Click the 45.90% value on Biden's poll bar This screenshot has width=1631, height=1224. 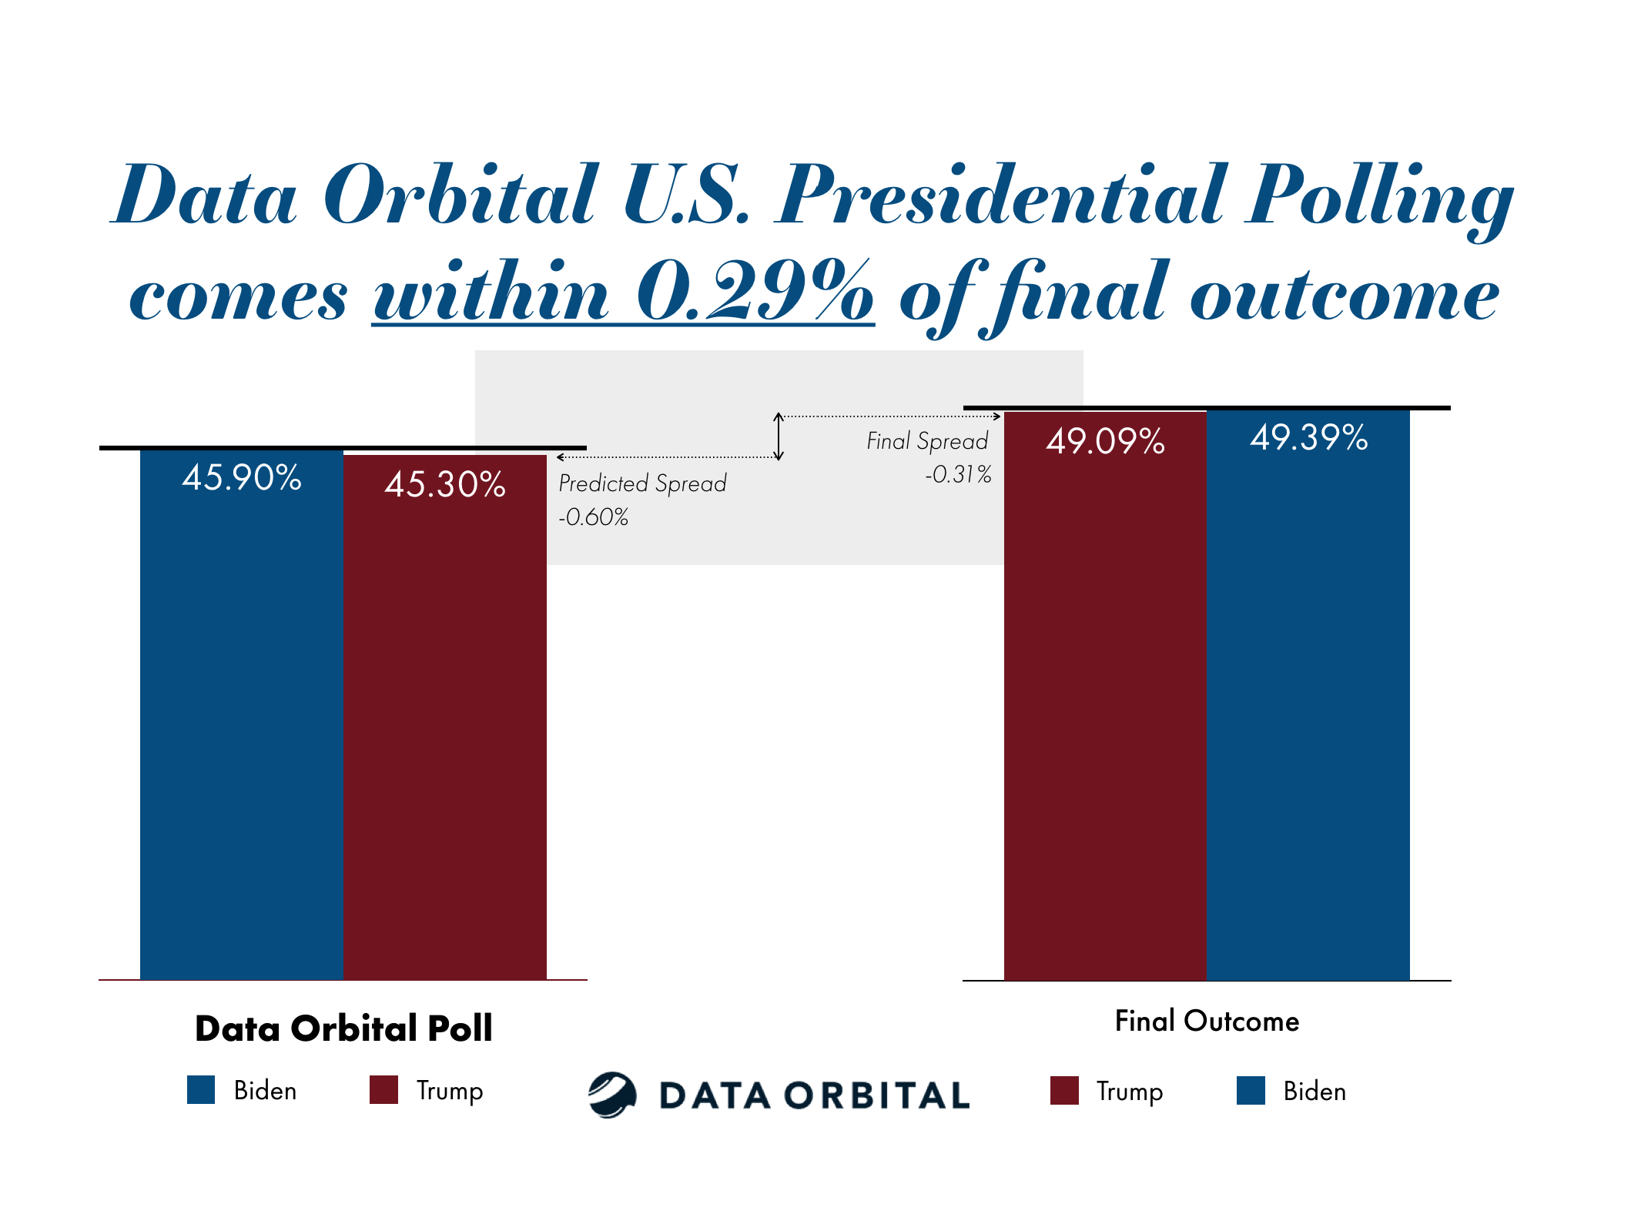[241, 478]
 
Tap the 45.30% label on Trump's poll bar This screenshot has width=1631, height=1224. [444, 485]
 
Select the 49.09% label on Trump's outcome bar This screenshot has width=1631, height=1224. [1105, 442]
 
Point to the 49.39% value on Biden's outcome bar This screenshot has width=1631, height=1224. [1308, 438]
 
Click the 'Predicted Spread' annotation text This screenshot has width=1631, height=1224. [642, 483]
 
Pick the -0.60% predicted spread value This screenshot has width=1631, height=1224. [593, 517]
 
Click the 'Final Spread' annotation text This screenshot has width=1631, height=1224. [927, 441]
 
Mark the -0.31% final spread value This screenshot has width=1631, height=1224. [958, 474]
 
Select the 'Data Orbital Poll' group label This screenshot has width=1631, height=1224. [343, 1028]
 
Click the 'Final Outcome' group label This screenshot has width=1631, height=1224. [1207, 1022]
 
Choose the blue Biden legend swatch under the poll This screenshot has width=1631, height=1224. [201, 1090]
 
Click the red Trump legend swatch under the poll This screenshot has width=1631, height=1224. [383, 1090]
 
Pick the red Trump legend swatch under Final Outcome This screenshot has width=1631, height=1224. [1064, 1091]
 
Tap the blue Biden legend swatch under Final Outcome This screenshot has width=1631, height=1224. [1251, 1091]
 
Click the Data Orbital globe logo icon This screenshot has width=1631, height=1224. [612, 1095]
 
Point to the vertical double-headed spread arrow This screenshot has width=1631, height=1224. [779, 436]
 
